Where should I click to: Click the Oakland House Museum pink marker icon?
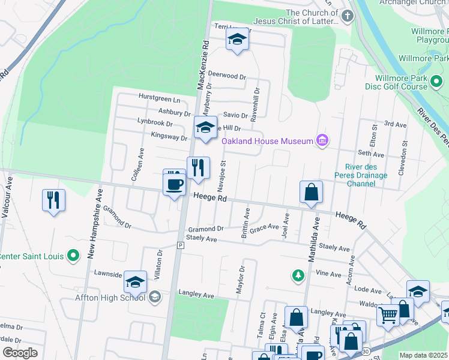[x=323, y=141]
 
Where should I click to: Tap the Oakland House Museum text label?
[x=268, y=141]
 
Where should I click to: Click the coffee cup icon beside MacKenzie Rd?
[x=175, y=184]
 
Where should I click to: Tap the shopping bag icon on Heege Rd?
[x=312, y=193]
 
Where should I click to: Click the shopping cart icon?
[x=388, y=314]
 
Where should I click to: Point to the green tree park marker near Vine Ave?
[x=298, y=275]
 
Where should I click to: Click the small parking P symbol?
[x=179, y=245]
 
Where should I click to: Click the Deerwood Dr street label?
[x=227, y=77]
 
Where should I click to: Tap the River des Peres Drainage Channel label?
[x=361, y=175]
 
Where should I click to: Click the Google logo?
[x=20, y=352]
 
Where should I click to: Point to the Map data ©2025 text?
[x=423, y=355]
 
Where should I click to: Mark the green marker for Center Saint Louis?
[x=73, y=256]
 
